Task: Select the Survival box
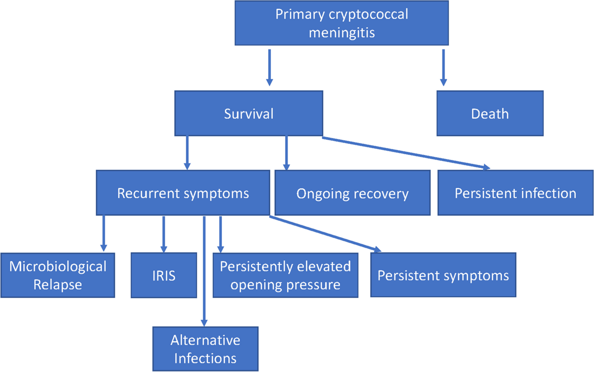click(248, 114)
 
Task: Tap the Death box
click(490, 114)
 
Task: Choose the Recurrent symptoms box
click(183, 193)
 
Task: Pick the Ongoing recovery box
click(352, 193)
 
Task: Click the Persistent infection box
click(515, 193)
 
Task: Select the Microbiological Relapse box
click(57, 275)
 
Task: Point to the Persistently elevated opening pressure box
click(286, 275)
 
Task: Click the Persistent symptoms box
click(443, 275)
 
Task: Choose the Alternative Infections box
click(205, 349)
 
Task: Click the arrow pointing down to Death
click(443, 66)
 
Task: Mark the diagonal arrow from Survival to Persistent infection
click(406, 153)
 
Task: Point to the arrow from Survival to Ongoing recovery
click(286, 153)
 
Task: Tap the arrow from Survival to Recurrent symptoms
click(187, 153)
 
